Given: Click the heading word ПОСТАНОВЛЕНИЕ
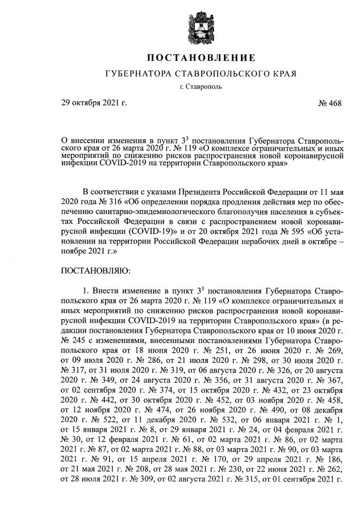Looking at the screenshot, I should tap(202, 58).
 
